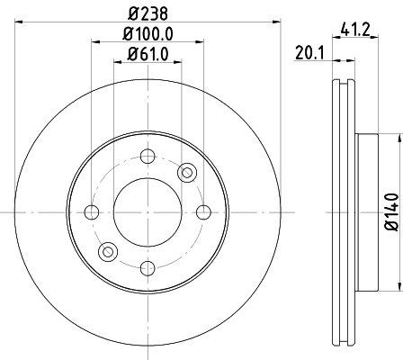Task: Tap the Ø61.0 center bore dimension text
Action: click(x=147, y=55)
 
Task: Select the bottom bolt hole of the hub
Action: click(x=147, y=267)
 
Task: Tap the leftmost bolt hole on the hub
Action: click(x=91, y=211)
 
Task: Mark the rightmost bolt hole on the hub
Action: click(x=203, y=211)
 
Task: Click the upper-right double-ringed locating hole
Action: click(x=187, y=172)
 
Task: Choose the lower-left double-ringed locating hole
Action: click(x=107, y=251)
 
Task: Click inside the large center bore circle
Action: click(x=147, y=211)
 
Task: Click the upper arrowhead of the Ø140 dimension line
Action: click(x=397, y=138)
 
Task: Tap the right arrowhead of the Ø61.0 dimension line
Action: click(x=177, y=64)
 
